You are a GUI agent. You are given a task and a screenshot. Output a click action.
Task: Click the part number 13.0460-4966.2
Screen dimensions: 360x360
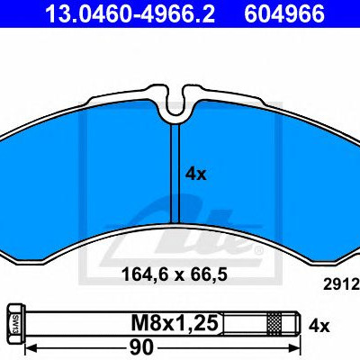coord(130,13)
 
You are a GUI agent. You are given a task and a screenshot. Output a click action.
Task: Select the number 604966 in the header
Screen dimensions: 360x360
coord(284,13)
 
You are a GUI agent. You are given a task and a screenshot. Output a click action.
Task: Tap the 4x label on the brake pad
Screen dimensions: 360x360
coord(196,174)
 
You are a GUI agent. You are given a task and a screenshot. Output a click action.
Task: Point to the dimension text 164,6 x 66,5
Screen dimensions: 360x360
coord(175,274)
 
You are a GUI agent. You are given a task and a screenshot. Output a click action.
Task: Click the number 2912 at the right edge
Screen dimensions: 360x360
coord(341,284)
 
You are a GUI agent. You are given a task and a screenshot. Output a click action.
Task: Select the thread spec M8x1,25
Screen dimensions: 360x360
coord(175,323)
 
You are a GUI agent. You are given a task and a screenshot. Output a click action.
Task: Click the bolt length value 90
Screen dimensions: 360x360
coord(141,347)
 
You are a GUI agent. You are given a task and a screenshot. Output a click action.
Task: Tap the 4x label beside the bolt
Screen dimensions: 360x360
coord(319,326)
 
